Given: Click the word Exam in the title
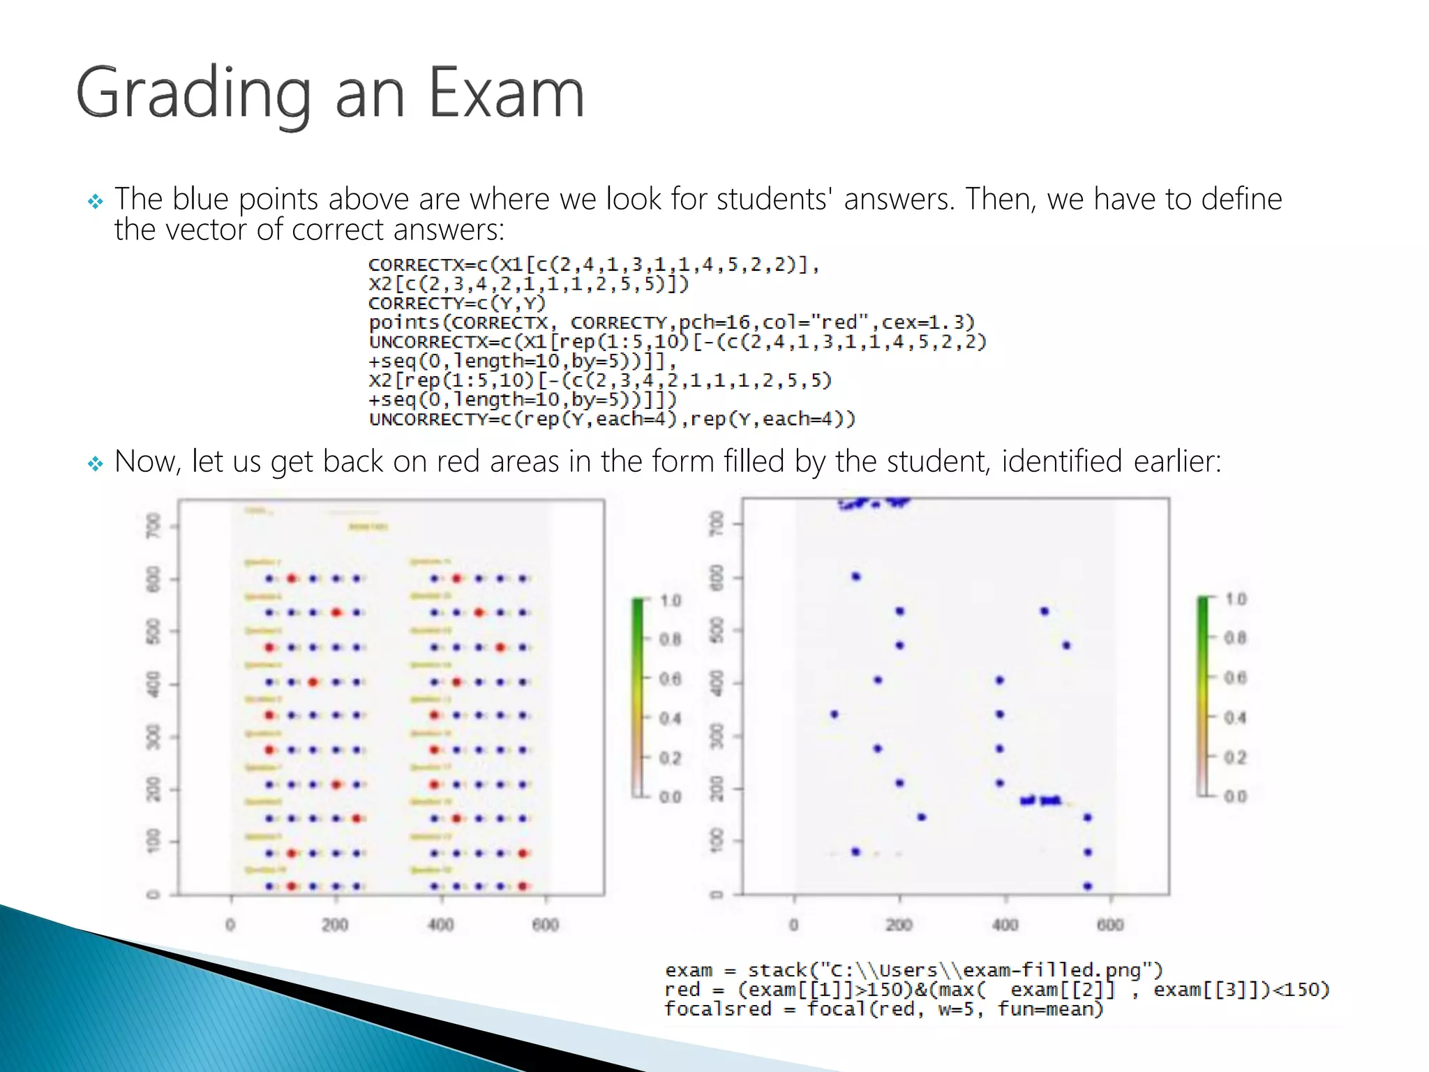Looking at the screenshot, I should (x=506, y=93).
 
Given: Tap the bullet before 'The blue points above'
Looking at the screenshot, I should (x=96, y=202).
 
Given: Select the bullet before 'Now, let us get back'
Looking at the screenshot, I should (x=96, y=463).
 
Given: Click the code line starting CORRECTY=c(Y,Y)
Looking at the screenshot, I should (x=457, y=304).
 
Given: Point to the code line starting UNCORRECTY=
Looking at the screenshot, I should (x=612, y=419).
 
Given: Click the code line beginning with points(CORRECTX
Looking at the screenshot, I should (x=671, y=322).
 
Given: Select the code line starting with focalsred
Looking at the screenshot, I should (x=883, y=1009).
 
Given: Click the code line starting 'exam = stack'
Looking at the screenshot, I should (x=914, y=970).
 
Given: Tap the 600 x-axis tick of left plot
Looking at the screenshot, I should (x=546, y=925).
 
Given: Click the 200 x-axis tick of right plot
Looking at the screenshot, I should (x=899, y=925).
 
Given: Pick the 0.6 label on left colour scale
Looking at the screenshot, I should (x=670, y=679).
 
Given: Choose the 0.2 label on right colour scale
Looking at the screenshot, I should (x=1235, y=757).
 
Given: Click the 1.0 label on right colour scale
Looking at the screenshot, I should (x=1235, y=600).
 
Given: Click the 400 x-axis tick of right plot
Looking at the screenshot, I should (x=1005, y=925).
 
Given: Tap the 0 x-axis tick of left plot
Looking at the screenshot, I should (x=230, y=925).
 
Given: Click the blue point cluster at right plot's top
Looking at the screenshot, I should (x=875, y=502).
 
